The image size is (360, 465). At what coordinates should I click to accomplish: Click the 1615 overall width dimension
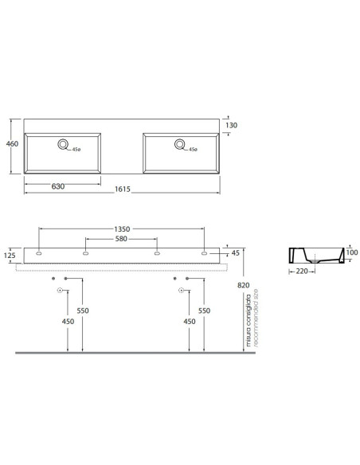[x=123, y=189]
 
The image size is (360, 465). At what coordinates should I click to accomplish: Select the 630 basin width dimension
[x=58, y=186]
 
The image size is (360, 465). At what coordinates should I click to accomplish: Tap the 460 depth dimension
[x=12, y=144]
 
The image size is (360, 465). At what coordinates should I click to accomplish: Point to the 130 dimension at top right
[x=231, y=125]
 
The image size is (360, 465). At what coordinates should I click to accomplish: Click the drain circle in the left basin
[x=63, y=144]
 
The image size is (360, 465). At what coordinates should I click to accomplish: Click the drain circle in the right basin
[x=180, y=144]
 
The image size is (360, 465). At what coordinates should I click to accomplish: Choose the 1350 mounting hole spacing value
[x=122, y=229]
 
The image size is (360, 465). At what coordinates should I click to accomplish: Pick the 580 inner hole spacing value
[x=121, y=239]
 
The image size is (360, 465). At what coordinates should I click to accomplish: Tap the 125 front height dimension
[x=10, y=256]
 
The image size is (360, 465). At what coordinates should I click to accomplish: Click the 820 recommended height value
[x=244, y=285]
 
